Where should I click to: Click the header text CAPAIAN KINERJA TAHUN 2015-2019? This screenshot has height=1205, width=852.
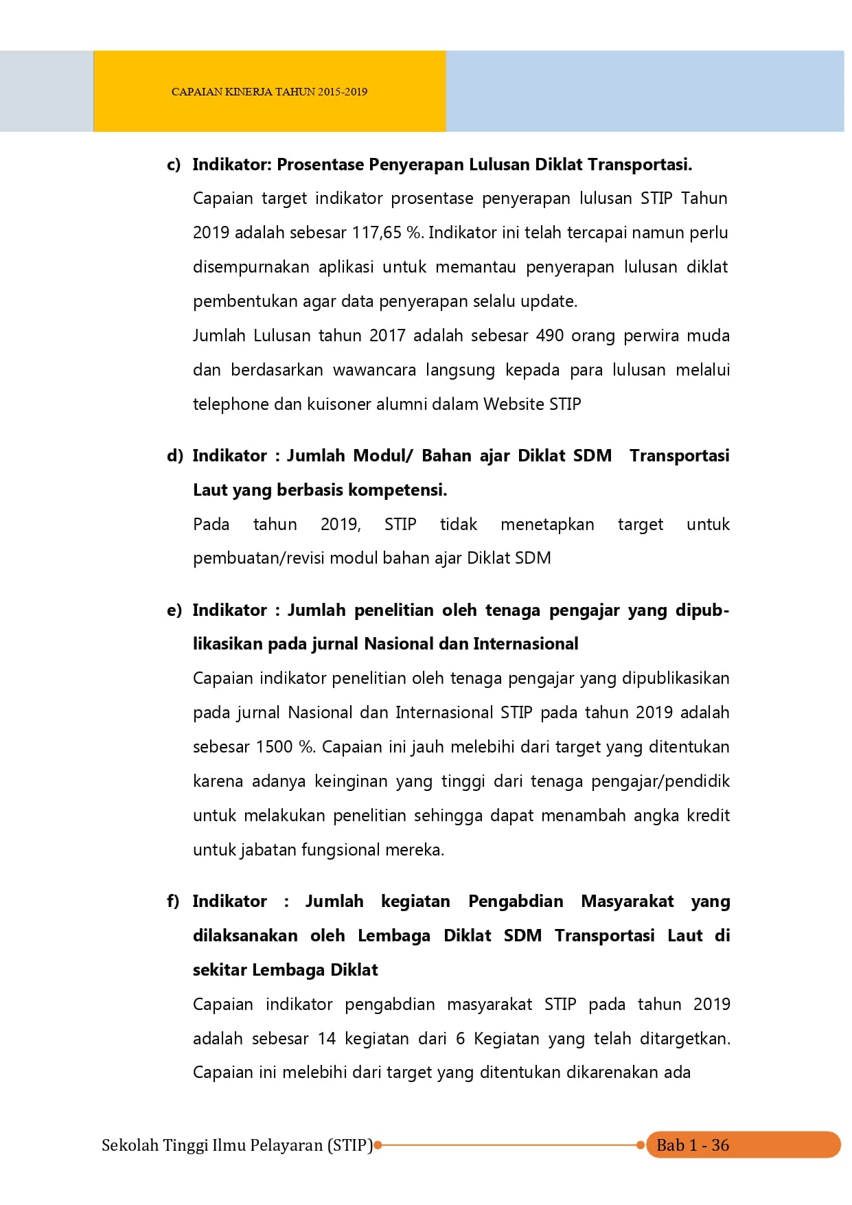coord(269,92)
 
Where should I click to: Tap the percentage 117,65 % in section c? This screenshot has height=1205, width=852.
coord(387,233)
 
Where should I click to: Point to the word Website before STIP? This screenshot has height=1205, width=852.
coord(514,404)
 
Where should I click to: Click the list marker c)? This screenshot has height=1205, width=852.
coord(174,165)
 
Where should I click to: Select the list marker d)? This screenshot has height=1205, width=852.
coord(174,456)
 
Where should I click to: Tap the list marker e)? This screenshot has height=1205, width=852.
coord(174,610)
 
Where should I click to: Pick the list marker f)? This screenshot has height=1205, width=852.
coord(173,902)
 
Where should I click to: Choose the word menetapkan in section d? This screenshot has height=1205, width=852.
coord(547,525)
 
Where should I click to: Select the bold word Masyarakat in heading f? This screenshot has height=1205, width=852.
coord(628,902)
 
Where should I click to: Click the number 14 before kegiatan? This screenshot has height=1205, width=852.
coord(327,1039)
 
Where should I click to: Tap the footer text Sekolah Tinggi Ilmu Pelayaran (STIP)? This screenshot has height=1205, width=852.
coord(237,1145)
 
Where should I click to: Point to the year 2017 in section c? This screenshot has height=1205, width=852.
coord(387,336)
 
